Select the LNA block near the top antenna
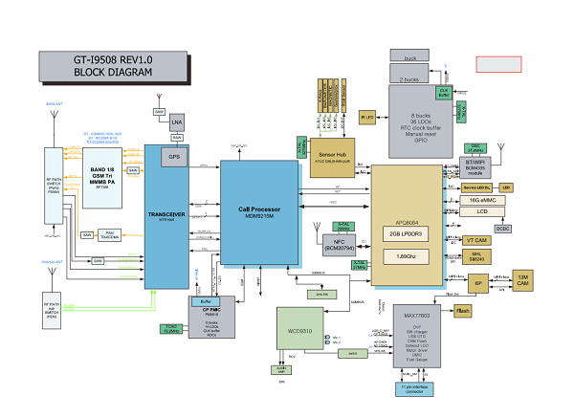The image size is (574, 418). point(177,121)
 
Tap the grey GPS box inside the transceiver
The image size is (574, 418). point(174,156)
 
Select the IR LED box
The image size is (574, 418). point(366,117)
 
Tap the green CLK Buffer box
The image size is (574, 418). point(444,94)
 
